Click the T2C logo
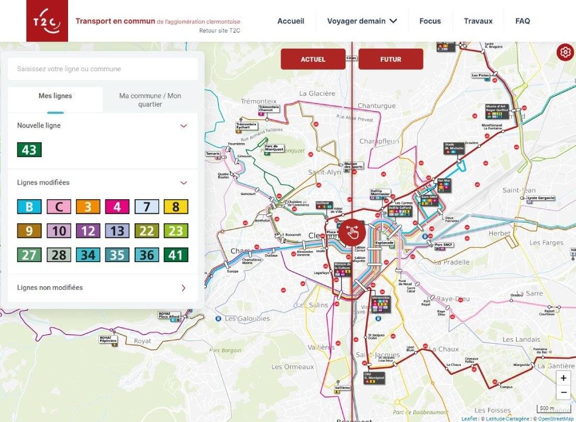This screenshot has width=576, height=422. click(47, 21)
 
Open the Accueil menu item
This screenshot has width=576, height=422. click(291, 21)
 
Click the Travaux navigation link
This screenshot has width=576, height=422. click(478, 21)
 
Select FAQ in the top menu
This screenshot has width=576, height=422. click(523, 21)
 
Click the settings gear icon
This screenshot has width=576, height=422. click(565, 52)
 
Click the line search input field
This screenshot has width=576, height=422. click(103, 69)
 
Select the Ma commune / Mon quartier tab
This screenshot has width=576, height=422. click(150, 100)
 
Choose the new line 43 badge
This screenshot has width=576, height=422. click(29, 150)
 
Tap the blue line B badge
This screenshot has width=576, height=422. click(29, 207)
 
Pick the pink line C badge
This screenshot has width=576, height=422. click(59, 207)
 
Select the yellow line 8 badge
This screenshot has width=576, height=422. click(175, 207)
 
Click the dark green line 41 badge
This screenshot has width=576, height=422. click(175, 255)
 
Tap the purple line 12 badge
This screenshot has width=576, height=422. click(88, 231)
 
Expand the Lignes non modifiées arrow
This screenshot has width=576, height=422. click(183, 288)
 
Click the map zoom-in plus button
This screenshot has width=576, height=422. click(563, 378)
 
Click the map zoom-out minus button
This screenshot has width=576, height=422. click(563, 392)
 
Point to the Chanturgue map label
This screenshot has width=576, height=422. click(376, 106)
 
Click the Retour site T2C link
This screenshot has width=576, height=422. click(219, 30)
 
